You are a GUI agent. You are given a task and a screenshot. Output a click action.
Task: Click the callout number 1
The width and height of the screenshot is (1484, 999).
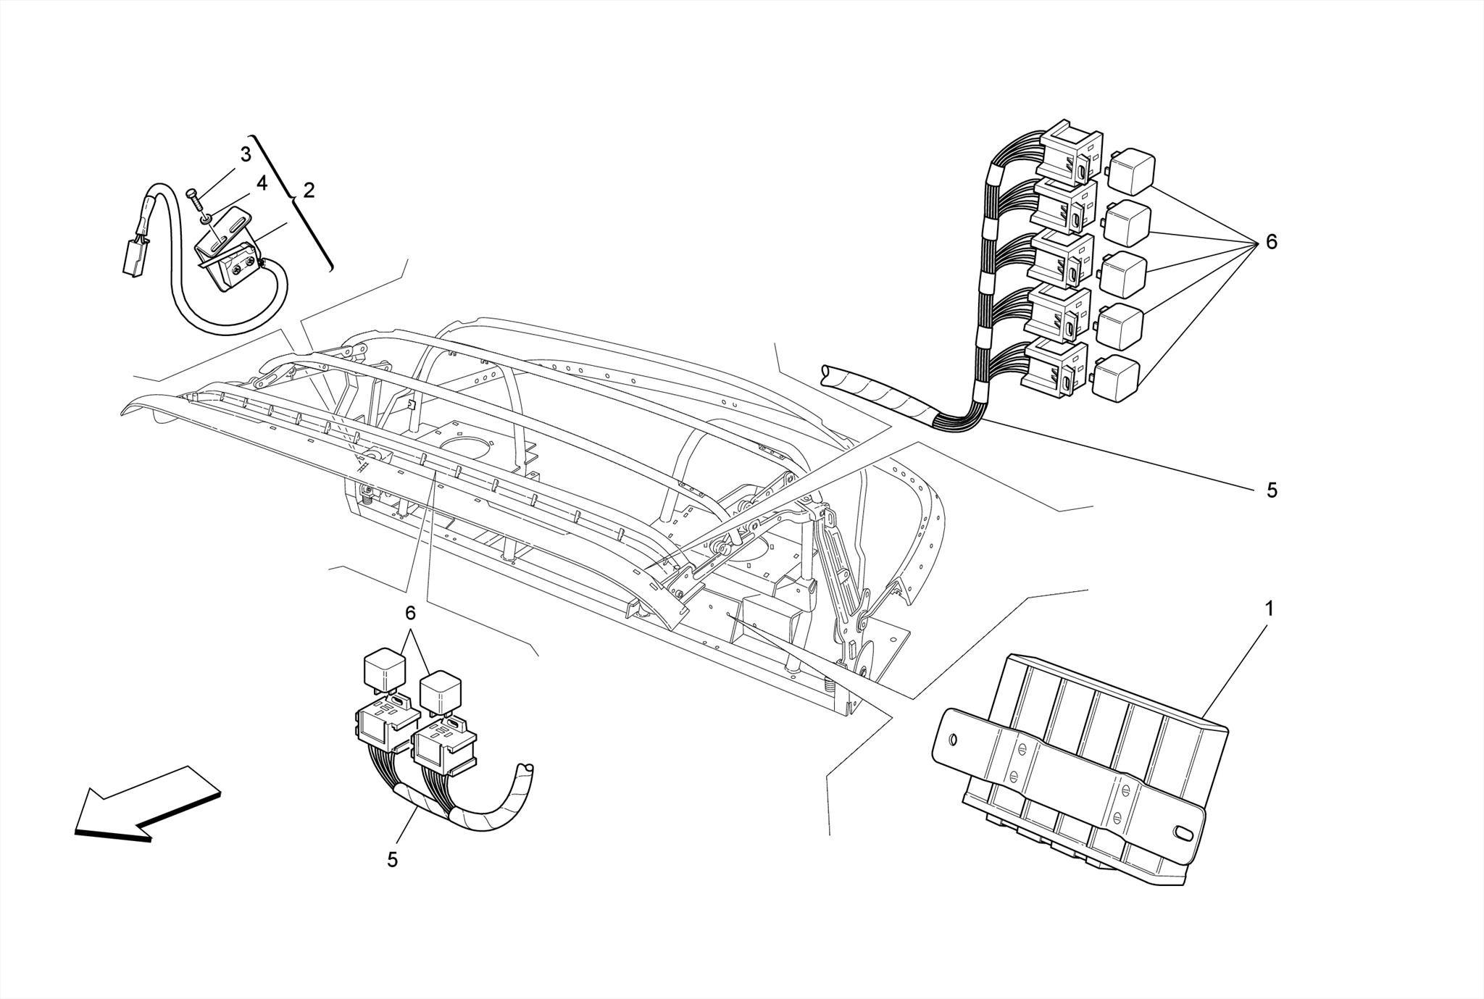click(x=1269, y=609)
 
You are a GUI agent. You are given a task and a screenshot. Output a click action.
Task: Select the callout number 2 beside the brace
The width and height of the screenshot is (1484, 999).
click(x=309, y=191)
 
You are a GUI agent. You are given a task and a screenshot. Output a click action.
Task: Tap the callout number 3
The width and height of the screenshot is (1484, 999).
click(x=246, y=154)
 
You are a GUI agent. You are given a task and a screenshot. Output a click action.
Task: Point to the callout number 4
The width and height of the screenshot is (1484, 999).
click(x=262, y=184)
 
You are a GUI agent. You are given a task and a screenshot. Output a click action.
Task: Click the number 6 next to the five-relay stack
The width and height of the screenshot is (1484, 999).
click(x=1272, y=242)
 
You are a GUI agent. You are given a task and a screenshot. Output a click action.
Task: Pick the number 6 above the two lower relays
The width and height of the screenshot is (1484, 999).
click(x=410, y=614)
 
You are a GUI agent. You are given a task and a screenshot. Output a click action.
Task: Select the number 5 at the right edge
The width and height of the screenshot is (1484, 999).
click(x=1272, y=490)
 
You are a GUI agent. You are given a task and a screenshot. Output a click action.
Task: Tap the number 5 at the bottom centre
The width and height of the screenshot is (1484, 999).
click(x=392, y=860)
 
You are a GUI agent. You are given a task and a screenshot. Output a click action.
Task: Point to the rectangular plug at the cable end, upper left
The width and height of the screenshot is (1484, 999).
click(x=133, y=257)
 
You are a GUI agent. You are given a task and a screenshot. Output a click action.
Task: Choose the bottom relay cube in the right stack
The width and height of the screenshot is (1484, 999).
click(x=1118, y=378)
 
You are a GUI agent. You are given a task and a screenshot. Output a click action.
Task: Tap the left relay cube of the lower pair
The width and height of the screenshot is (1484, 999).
click(x=385, y=669)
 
